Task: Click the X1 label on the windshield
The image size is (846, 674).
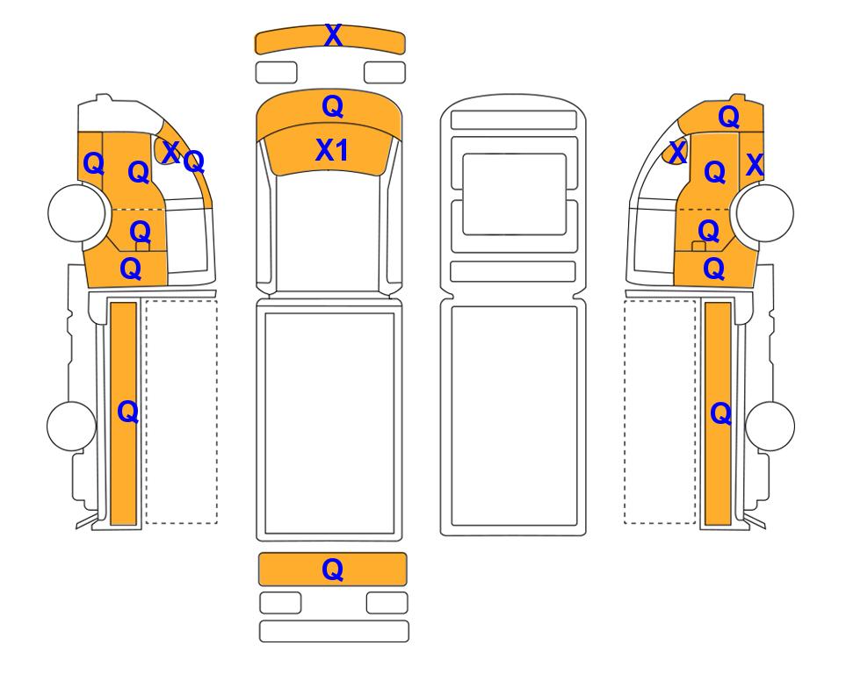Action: [332, 150]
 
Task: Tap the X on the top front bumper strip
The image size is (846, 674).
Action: [334, 36]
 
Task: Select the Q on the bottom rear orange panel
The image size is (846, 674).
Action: [332, 570]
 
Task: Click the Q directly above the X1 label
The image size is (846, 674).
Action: [332, 107]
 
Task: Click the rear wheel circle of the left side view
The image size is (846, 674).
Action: [71, 426]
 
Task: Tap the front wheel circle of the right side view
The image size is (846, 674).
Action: [765, 213]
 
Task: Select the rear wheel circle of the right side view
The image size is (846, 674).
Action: [770, 426]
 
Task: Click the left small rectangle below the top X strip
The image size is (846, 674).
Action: [276, 72]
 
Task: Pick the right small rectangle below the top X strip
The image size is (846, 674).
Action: [385, 72]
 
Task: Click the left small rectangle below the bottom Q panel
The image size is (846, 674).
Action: [280, 603]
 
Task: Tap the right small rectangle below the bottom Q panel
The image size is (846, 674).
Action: [387, 603]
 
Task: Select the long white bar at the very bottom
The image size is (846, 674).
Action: [334, 631]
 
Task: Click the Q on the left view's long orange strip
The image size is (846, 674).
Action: [128, 412]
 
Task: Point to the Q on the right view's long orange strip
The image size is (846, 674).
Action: [721, 414]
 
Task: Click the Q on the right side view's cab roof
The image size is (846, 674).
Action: [728, 117]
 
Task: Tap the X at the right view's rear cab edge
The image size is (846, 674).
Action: [755, 165]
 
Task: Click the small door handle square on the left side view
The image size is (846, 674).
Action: [142, 247]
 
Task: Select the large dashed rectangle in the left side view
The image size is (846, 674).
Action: [182, 412]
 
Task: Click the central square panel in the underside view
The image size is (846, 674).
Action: [514, 194]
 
